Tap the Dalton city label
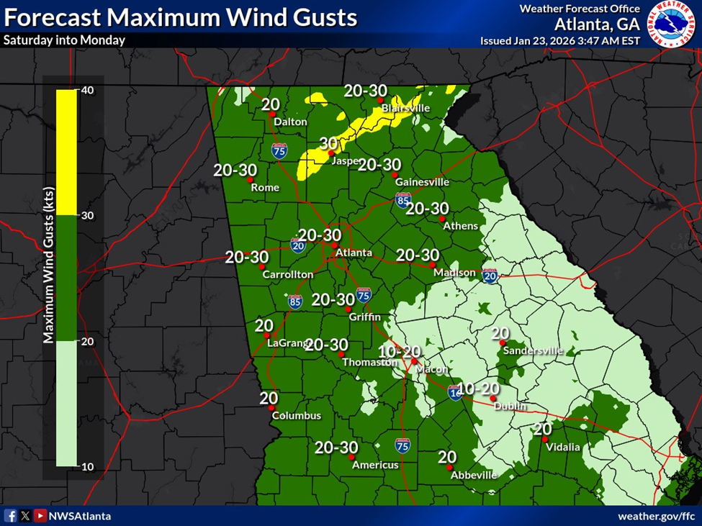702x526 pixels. pyautogui.click(x=290, y=122)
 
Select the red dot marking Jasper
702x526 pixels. pyautogui.click(x=330, y=153)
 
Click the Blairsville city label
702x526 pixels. pyautogui.click(x=405, y=108)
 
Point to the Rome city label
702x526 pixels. pyautogui.click(x=265, y=187)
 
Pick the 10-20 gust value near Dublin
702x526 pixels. pyautogui.click(x=479, y=389)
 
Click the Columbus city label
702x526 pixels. pyautogui.click(x=296, y=415)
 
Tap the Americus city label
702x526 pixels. pyautogui.click(x=375, y=465)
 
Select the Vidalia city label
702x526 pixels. pyautogui.click(x=562, y=447)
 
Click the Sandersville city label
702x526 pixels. pyautogui.click(x=533, y=350)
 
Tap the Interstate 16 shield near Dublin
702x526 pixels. pyautogui.click(x=455, y=392)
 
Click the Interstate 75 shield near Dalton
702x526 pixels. pyautogui.click(x=279, y=150)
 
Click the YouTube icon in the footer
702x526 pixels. pyautogui.click(x=40, y=516)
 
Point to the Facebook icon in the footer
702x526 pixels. pyautogui.click(x=11, y=516)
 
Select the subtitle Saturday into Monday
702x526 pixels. pyautogui.click(x=64, y=40)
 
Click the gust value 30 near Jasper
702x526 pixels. pyautogui.click(x=328, y=142)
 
